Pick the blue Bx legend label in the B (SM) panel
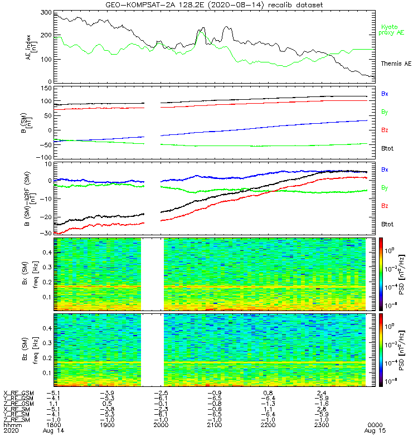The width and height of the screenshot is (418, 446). click(385, 94)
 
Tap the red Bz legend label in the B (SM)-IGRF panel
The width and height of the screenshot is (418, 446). click(385, 206)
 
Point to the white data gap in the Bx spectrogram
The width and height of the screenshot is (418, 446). click(152, 274)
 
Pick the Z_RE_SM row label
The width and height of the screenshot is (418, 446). click(17, 420)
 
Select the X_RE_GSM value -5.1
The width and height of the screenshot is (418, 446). click(54, 392)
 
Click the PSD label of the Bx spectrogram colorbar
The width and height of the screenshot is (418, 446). click(401, 274)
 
